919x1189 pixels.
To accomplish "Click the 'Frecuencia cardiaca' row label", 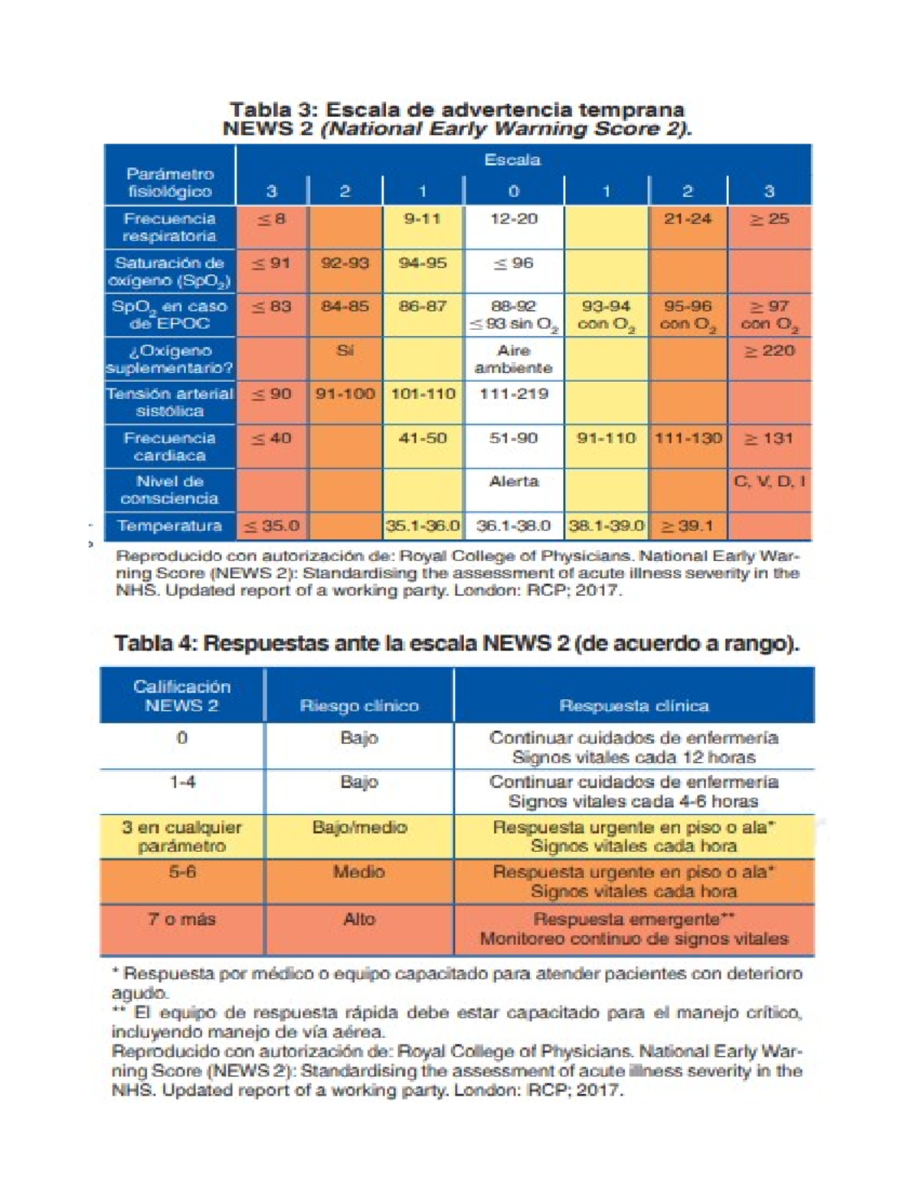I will (x=169, y=446).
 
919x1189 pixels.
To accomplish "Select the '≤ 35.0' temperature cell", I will (x=271, y=526).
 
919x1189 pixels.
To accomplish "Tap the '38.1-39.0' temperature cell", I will (x=606, y=526).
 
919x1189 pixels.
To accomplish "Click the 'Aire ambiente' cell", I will (x=513, y=359).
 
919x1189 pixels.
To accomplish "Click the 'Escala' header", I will (x=512, y=160).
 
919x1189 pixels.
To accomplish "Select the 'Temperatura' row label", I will (x=169, y=526).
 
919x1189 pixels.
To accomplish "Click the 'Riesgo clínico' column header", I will (x=359, y=705).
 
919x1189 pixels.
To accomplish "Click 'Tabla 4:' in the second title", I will (x=155, y=643).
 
